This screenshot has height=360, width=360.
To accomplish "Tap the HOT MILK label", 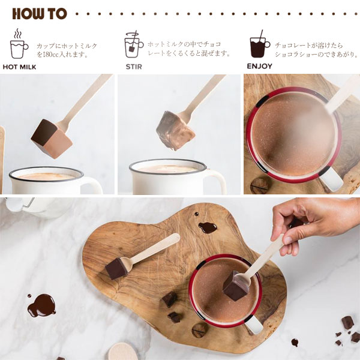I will point(19,67).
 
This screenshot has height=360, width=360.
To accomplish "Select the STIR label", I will point(134,67).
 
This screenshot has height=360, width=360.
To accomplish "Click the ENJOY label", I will point(259,67).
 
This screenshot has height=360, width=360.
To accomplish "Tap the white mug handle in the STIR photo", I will point(215,183).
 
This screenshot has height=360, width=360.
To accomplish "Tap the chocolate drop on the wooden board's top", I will point(207,227).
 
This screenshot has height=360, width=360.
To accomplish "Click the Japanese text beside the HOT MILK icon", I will point(66,49).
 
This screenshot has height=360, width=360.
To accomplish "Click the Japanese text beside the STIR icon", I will point(189,49).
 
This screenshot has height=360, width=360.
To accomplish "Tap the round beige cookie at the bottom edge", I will point(122,352).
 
